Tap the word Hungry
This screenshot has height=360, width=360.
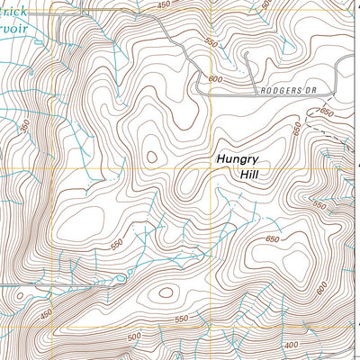coord(238,158)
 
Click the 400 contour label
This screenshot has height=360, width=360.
coord(291,346)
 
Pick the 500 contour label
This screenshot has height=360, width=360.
coord(135,337)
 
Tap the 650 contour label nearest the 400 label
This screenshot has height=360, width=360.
coord(273,239)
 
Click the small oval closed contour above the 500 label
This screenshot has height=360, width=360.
coord(165,291)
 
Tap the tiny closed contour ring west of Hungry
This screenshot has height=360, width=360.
coord(150,157)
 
